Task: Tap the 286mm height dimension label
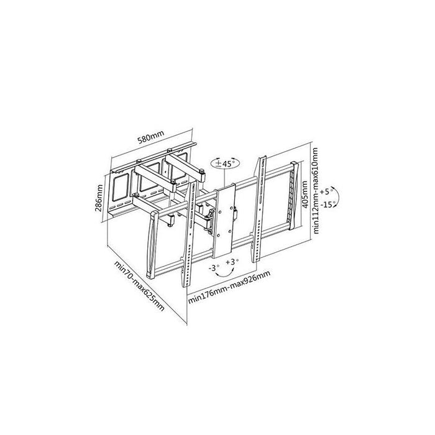[x=99, y=198]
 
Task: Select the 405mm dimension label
[x=304, y=194]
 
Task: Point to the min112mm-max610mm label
[x=316, y=190]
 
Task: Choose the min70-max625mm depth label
[x=139, y=286]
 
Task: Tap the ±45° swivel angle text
[x=225, y=163]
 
